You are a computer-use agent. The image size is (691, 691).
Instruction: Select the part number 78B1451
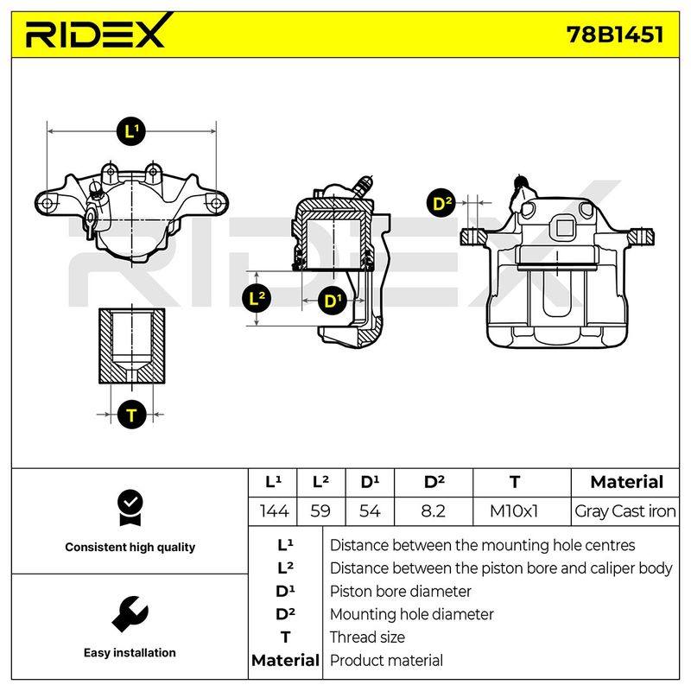click(615, 35)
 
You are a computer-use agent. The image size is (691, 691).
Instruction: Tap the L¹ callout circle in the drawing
click(131, 131)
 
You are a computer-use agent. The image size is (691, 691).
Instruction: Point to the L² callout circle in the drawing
click(257, 298)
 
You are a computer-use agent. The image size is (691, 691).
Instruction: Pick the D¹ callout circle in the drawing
click(332, 301)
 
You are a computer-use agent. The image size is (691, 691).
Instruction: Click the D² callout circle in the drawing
click(441, 204)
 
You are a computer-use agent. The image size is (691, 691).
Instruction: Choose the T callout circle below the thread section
click(132, 415)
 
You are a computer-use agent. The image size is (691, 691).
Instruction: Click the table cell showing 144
click(274, 511)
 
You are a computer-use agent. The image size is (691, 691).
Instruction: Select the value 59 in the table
click(320, 511)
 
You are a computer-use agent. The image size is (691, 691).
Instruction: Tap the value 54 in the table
click(370, 511)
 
